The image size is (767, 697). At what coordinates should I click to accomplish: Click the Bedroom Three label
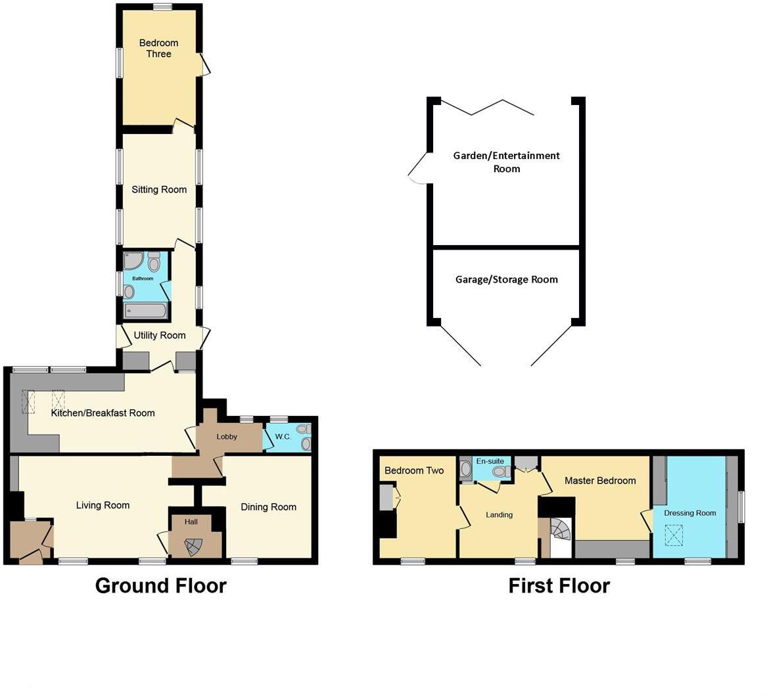pos(158,49)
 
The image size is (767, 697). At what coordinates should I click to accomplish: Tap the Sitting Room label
pos(159,190)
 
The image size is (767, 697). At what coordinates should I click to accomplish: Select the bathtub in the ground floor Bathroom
pos(146,311)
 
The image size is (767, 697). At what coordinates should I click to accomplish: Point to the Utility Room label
pos(160,336)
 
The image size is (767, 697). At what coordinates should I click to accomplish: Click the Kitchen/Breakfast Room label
pos(103,413)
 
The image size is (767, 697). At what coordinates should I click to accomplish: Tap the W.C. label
pos(283,437)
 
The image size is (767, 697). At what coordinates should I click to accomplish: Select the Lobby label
pos(227,437)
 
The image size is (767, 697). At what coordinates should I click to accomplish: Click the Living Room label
pos(103,505)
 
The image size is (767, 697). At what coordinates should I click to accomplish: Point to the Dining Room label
pos(268,507)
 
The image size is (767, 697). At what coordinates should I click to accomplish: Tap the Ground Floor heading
pos(161,585)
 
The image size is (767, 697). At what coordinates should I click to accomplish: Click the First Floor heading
pos(559,585)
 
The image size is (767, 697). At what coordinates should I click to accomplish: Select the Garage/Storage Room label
pos(507,279)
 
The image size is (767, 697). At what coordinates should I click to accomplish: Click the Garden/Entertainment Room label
pos(507,162)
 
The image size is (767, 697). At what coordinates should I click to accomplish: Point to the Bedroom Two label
pos(414,470)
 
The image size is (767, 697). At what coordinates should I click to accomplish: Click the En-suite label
pos(490,461)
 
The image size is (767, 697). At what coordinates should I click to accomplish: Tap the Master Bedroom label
pos(600,481)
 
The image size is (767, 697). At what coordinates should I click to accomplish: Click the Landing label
pos(499,515)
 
